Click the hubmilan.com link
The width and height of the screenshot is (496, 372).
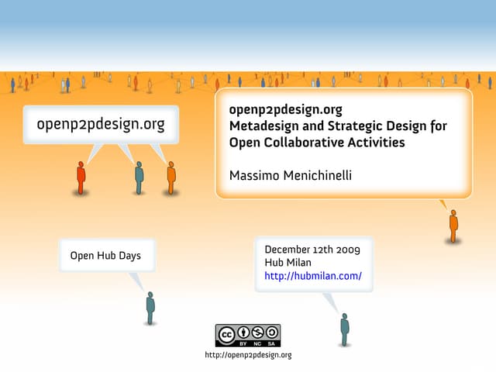pos(313,276)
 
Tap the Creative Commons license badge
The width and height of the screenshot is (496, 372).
pos(248,335)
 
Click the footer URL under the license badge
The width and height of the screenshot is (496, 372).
pos(248,355)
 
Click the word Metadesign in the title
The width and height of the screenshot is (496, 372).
pos(263,126)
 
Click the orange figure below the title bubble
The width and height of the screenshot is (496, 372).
pos(453,226)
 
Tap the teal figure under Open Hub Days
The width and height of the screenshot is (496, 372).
pos(150,308)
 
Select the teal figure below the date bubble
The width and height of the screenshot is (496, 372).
pos(345,329)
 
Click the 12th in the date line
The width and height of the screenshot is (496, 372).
pos(325,250)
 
